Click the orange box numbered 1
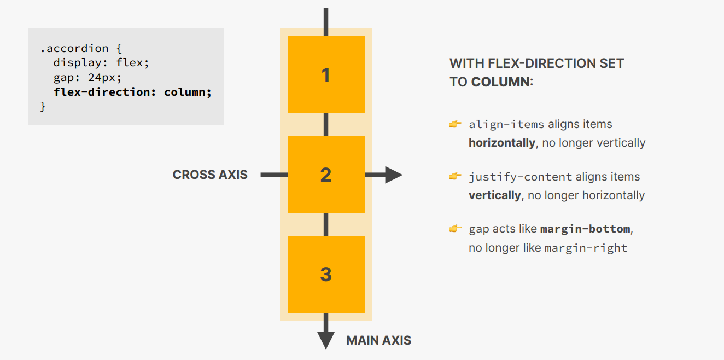(x=326, y=74)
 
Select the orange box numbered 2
(x=326, y=175)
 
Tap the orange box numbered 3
(x=326, y=274)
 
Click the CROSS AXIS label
(x=210, y=175)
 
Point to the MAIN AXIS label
(x=378, y=340)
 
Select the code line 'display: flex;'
(x=101, y=63)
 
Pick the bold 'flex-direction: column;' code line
(x=132, y=92)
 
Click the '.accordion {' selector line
(x=81, y=49)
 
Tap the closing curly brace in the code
(x=43, y=106)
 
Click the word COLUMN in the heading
(x=500, y=82)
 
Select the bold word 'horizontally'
(x=501, y=143)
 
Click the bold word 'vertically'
(x=494, y=195)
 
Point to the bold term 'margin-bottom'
(x=585, y=229)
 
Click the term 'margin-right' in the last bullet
(x=586, y=248)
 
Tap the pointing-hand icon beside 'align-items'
(x=455, y=124)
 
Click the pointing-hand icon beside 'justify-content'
(x=455, y=176)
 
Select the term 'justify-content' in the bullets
(x=520, y=177)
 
